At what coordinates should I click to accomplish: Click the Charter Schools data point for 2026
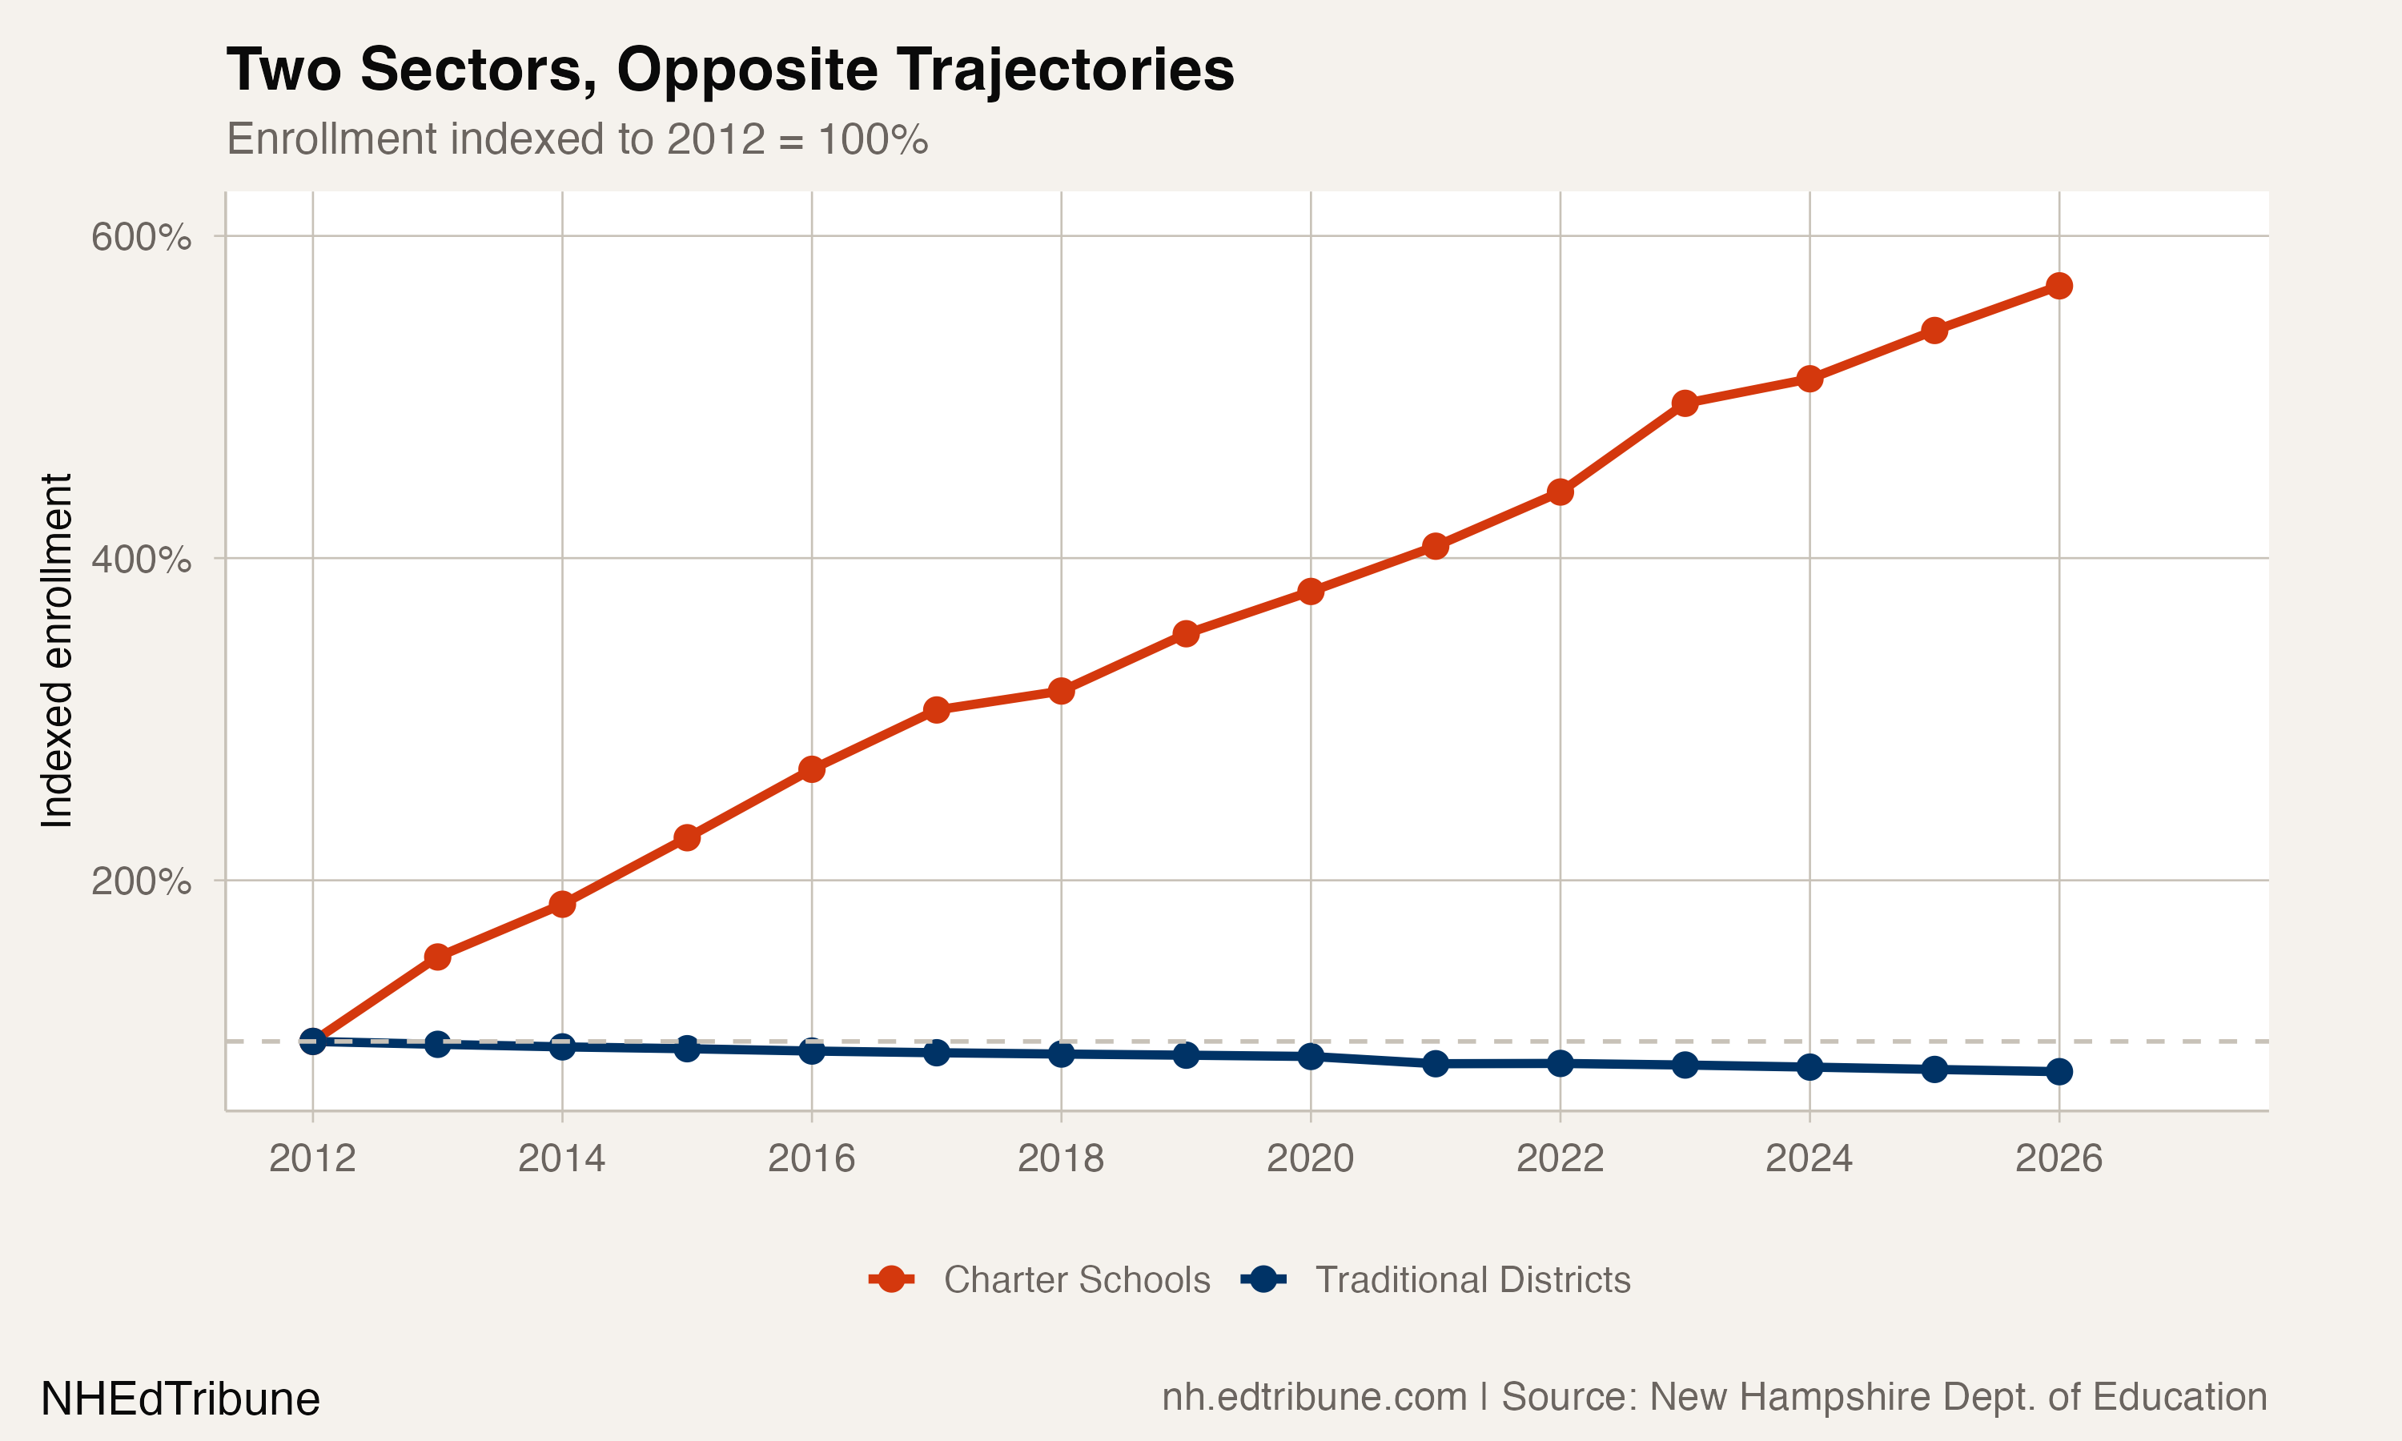2059,286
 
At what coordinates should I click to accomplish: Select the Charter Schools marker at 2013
438,957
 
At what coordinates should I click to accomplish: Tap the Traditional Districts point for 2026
2059,1072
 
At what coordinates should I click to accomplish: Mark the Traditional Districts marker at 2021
1435,1064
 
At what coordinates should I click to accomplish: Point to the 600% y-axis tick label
141,237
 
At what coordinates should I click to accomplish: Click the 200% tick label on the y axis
141,881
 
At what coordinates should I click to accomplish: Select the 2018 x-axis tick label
1060,1158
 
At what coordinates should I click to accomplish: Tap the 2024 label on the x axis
1809,1158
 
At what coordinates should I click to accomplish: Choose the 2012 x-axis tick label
312,1158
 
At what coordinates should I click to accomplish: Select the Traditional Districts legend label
1472,1280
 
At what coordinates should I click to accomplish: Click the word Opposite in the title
745,71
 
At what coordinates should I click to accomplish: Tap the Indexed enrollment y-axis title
56,651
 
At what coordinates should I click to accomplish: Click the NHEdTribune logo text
181,1399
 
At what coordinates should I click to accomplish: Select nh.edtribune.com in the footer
1315,1397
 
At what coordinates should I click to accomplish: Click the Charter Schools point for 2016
812,770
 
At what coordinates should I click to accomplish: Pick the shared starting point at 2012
312,1041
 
